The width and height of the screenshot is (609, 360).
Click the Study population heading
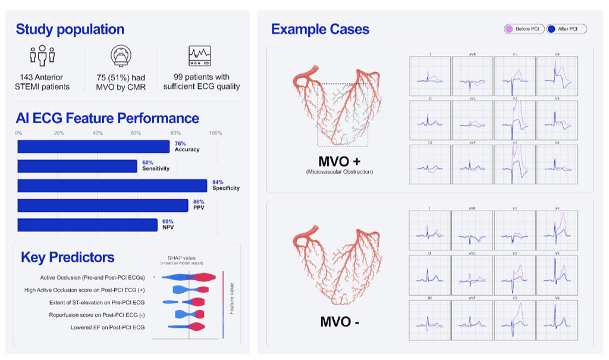click(70, 29)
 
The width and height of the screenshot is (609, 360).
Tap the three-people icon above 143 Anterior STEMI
click(42, 57)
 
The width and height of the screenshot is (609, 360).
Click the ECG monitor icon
click(200, 56)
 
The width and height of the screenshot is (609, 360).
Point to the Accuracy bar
click(93, 146)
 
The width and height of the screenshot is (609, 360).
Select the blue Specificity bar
click(112, 185)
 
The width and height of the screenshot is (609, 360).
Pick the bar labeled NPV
click(87, 224)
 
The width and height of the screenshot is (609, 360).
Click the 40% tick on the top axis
click(97, 133)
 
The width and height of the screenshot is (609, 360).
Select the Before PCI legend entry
click(524, 29)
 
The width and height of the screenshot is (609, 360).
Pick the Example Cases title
click(320, 29)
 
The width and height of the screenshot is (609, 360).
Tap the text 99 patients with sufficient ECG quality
click(201, 82)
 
